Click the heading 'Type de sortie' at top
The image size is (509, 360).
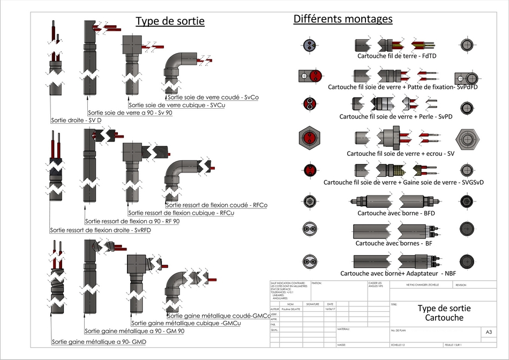170,21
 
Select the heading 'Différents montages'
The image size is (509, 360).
343,19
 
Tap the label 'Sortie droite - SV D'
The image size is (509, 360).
76,121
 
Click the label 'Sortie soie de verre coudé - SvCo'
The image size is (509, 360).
213,97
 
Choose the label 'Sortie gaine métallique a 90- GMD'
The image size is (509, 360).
99,342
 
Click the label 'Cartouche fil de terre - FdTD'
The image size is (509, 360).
397,56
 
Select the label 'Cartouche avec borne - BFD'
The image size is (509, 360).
396,213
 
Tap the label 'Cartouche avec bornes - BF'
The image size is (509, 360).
394,243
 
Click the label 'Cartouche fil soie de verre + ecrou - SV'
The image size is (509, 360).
401,154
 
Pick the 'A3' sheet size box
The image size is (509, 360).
489,332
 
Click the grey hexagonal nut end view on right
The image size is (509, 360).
466,139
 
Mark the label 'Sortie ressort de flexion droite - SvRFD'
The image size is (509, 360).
100,230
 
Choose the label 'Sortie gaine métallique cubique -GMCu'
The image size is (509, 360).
186,324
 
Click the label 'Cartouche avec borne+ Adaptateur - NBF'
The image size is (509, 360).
398,274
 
